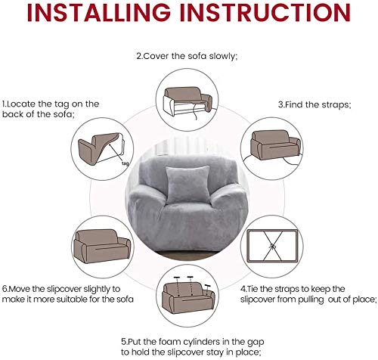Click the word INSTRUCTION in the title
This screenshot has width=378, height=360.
[x=265, y=12]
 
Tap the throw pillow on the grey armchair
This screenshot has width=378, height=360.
[x=187, y=185]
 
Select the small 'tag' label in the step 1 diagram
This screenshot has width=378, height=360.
[x=125, y=163]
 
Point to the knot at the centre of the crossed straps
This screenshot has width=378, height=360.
[x=272, y=246]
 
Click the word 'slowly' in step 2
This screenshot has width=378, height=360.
[x=224, y=56]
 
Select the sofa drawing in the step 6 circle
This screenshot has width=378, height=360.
[x=102, y=246]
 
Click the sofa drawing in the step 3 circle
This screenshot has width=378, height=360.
[x=275, y=144]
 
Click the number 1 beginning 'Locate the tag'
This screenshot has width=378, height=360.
[x=3, y=104]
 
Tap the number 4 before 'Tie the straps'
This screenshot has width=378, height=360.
[x=243, y=289]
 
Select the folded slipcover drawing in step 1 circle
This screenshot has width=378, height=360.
[x=101, y=149]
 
